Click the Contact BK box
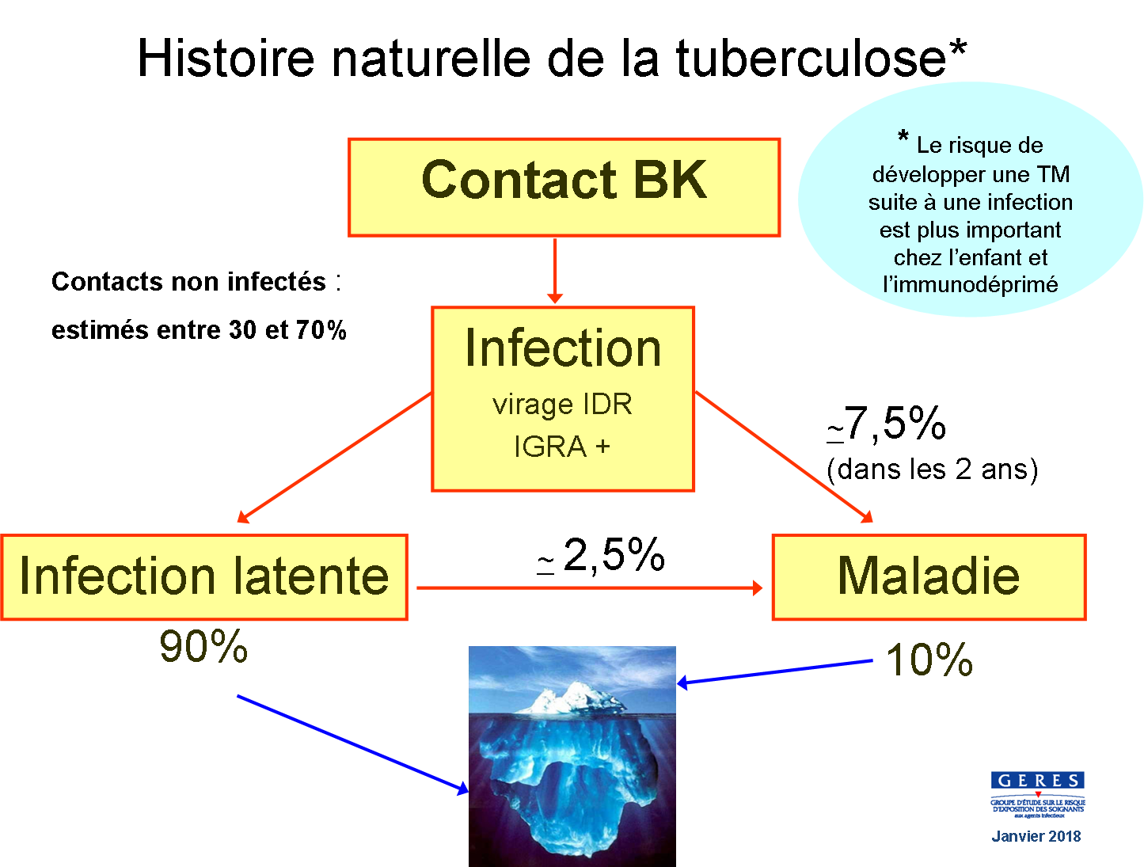[564, 187]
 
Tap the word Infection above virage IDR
[563, 348]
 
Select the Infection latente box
[203, 576]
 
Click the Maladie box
[928, 576]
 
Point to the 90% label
[203, 647]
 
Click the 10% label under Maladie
[929, 660]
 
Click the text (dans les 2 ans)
[932, 470]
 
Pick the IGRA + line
[562, 447]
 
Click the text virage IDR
[562, 405]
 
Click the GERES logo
[1037, 794]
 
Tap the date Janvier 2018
[1036, 836]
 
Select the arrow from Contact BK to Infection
[555, 270]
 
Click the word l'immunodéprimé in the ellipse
[970, 285]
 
